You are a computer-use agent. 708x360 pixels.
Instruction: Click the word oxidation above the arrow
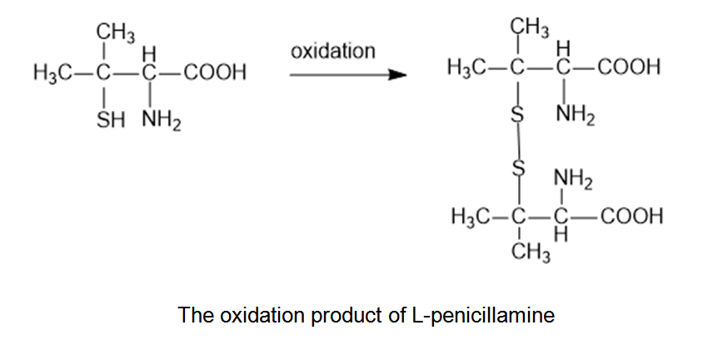[333, 52]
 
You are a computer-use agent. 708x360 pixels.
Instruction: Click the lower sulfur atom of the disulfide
[517, 169]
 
